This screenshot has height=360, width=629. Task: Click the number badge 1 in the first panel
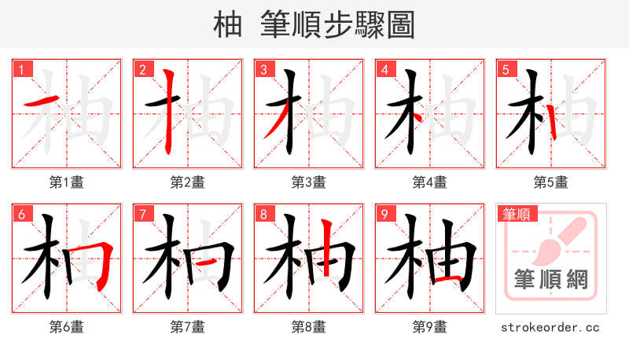(21, 69)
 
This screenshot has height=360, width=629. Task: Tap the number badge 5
(506, 69)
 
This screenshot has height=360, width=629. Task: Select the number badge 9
(384, 214)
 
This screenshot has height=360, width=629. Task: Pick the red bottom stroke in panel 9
(447, 278)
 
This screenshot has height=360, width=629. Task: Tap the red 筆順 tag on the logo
(515, 214)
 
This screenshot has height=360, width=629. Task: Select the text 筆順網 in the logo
(550, 280)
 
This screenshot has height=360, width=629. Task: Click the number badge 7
(142, 214)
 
